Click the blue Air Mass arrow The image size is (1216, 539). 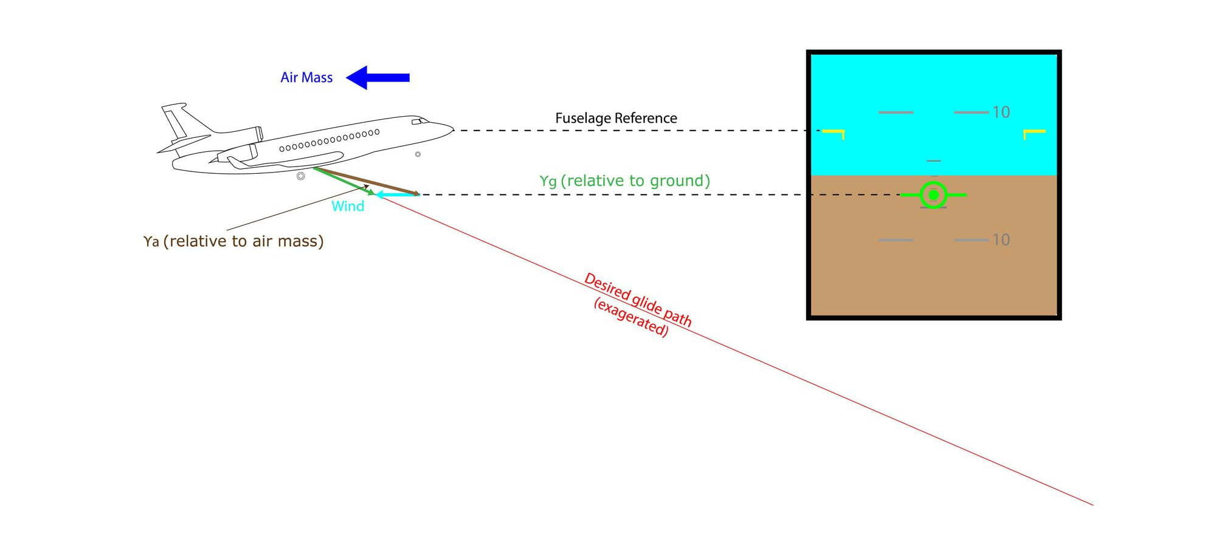pyautogui.click(x=378, y=78)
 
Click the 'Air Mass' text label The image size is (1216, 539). pyautogui.click(x=306, y=78)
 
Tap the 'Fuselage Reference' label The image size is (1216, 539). pyautogui.click(x=616, y=118)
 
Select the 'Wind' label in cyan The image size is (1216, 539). pyautogui.click(x=348, y=206)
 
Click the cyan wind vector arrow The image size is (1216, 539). pyautogui.click(x=396, y=194)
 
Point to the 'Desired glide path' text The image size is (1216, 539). pyautogui.click(x=638, y=300)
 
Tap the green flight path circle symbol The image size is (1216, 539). pyautogui.click(x=933, y=195)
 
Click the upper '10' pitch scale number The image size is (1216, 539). pyautogui.click(x=1001, y=112)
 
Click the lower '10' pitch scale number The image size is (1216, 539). pyautogui.click(x=1001, y=240)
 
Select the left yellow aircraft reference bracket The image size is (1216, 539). pyautogui.click(x=834, y=132)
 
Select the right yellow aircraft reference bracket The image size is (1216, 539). pyautogui.click(x=1034, y=132)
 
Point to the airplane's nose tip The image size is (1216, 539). pyautogui.click(x=453, y=128)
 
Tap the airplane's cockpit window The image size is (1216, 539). pyautogui.click(x=420, y=122)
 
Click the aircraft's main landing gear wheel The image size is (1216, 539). pyautogui.click(x=300, y=176)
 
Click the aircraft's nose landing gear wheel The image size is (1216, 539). pyautogui.click(x=418, y=154)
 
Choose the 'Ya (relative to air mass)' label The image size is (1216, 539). pyautogui.click(x=233, y=241)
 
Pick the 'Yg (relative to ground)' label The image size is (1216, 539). pyautogui.click(x=624, y=181)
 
